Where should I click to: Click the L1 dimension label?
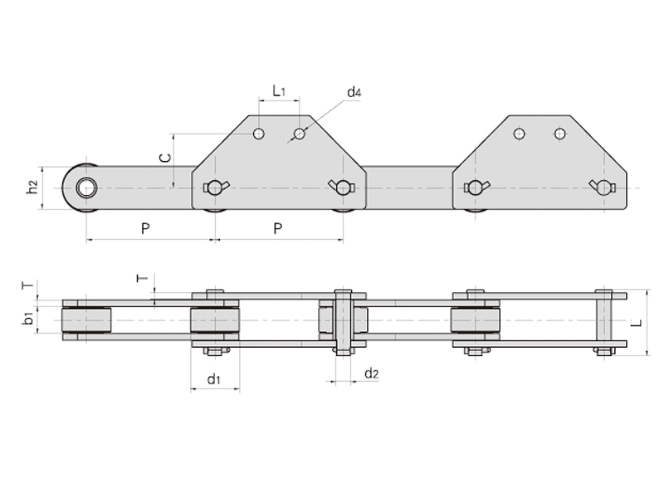[279, 91]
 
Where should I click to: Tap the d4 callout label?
[354, 92]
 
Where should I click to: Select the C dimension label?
[165, 158]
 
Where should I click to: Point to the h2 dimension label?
[32, 188]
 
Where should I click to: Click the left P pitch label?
[145, 229]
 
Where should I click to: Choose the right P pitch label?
[278, 229]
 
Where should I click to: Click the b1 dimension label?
[28, 318]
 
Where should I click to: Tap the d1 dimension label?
[214, 378]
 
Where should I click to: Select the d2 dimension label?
[371, 373]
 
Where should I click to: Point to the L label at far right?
[638, 323]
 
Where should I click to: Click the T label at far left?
[27, 286]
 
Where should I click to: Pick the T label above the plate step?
[142, 278]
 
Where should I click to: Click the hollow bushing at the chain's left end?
[86, 188]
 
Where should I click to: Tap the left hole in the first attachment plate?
[259, 134]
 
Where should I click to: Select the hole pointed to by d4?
[300, 134]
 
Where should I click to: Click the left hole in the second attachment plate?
[520, 134]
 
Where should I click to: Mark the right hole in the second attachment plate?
[559, 134]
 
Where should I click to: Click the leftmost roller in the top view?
[86, 320]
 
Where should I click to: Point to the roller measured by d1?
[215, 320]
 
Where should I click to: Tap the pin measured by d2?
[344, 322]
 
